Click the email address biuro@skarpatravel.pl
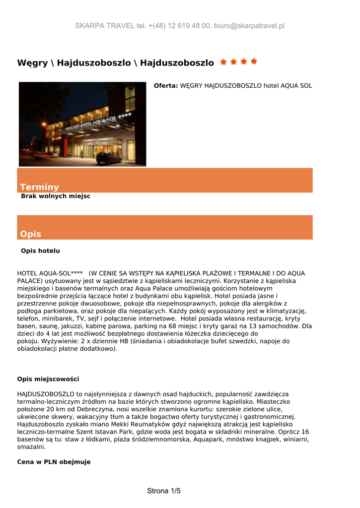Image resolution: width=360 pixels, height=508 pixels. (x=249, y=26)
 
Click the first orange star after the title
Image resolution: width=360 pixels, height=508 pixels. (x=223, y=62)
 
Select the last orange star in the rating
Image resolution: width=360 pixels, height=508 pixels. (x=254, y=62)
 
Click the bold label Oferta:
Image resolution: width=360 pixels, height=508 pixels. (x=165, y=86)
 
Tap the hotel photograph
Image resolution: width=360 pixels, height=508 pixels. (x=82, y=124)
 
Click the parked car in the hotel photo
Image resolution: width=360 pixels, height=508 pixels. (x=109, y=158)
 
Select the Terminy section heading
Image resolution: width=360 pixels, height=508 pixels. (x=39, y=187)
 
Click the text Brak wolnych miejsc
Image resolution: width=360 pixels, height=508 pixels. (x=56, y=196)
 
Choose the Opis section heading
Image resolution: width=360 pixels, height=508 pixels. (x=30, y=234)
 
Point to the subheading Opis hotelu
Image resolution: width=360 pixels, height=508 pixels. (x=40, y=251)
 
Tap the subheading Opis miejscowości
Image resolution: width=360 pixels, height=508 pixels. (x=48, y=379)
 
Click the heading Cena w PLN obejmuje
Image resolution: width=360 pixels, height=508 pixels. (x=54, y=462)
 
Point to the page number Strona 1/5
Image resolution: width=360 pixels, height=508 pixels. (x=164, y=491)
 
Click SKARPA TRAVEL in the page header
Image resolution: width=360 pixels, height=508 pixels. (x=105, y=26)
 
